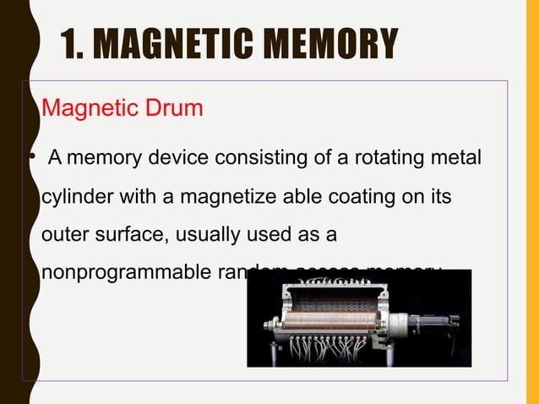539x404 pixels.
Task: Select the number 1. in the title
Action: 74,44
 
